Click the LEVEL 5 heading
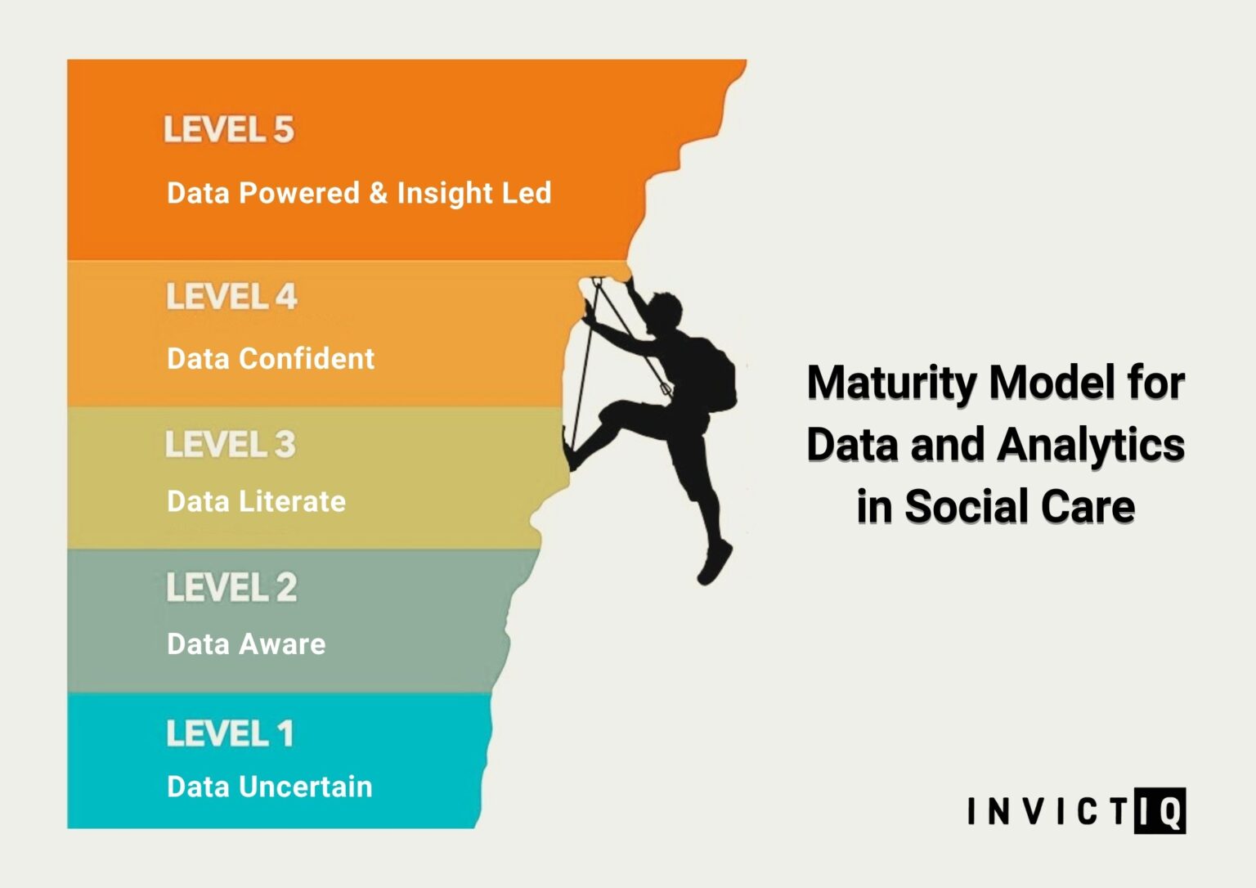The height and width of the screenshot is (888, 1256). click(x=229, y=130)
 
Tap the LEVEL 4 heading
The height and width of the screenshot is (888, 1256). click(x=231, y=296)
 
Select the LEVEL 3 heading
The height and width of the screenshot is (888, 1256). click(x=230, y=444)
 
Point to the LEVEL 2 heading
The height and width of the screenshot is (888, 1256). click(x=231, y=587)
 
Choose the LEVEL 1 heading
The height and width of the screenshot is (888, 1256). click(x=230, y=733)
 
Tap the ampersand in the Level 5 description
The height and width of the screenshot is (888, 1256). click(x=378, y=193)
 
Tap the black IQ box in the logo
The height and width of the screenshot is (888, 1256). click(x=1160, y=811)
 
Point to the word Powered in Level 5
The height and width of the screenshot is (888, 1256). click(x=299, y=193)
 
